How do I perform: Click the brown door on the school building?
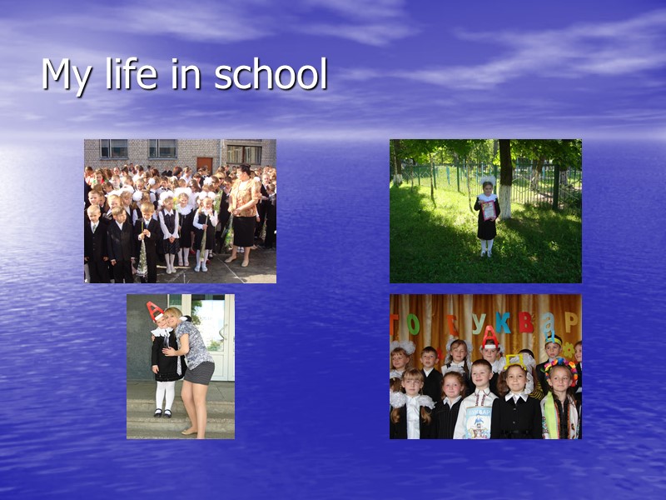(204, 163)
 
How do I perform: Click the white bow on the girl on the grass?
(487, 180)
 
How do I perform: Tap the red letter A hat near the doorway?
(155, 312)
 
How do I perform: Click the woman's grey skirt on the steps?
(199, 372)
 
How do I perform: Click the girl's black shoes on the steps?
(163, 412)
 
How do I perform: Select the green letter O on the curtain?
(414, 323)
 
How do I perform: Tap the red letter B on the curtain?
(525, 322)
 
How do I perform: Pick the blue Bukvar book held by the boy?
(478, 422)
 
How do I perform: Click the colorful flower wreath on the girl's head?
(560, 367)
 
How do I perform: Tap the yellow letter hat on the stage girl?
(514, 361)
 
